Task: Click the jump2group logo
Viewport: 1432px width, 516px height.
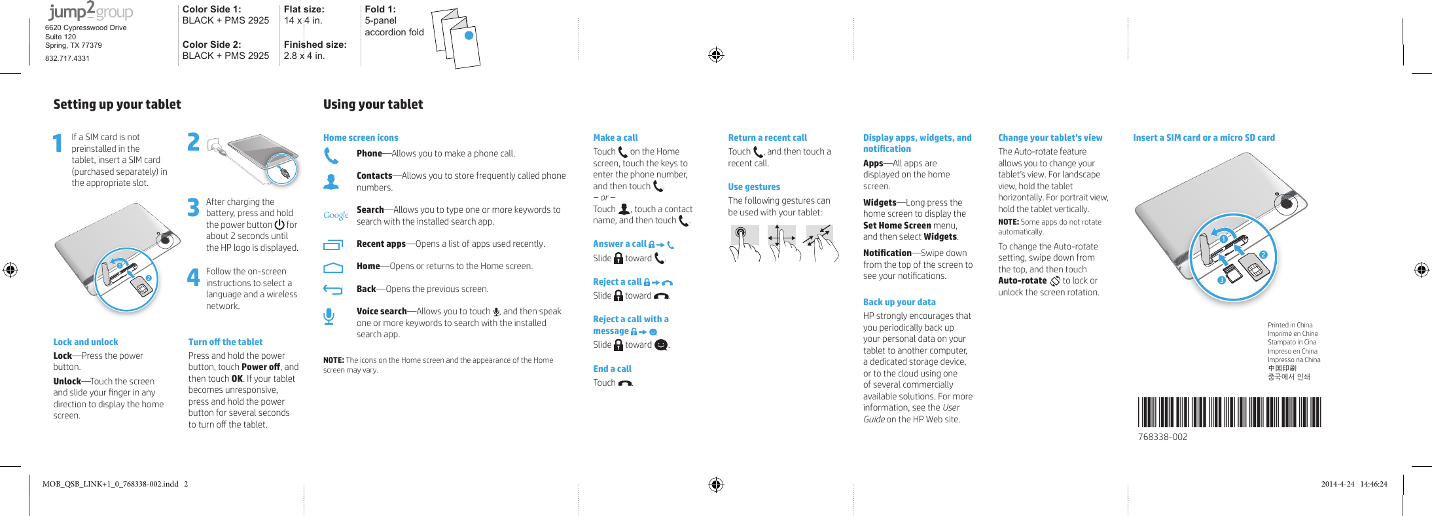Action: [90, 11]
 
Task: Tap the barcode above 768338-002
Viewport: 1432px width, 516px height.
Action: [1229, 412]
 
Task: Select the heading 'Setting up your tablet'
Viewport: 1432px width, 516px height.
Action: [117, 104]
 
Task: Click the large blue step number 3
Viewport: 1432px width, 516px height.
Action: [193, 208]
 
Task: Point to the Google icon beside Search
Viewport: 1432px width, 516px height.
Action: [336, 215]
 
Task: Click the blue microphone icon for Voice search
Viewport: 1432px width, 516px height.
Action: [329, 316]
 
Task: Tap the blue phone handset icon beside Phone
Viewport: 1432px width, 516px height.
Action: [331, 156]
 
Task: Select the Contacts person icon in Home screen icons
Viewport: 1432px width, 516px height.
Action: [331, 182]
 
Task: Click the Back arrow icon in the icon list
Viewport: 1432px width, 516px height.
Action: [332, 289]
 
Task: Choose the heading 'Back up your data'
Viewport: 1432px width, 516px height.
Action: [899, 302]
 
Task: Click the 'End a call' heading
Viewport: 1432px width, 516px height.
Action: [612, 369]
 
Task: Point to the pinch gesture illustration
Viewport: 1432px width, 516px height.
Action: [821, 243]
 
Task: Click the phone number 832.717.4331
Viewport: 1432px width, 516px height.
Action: [67, 58]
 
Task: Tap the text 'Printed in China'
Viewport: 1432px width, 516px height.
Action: [1289, 325]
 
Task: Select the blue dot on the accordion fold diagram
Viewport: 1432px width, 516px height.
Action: [469, 35]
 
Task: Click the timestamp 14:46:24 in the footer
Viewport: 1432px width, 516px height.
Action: [1373, 484]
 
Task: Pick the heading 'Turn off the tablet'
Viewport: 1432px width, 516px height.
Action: [225, 342]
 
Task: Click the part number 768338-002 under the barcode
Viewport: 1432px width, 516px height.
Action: [1162, 437]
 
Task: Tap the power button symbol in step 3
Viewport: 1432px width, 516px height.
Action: [279, 225]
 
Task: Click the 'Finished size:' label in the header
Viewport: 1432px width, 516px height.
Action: [315, 45]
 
